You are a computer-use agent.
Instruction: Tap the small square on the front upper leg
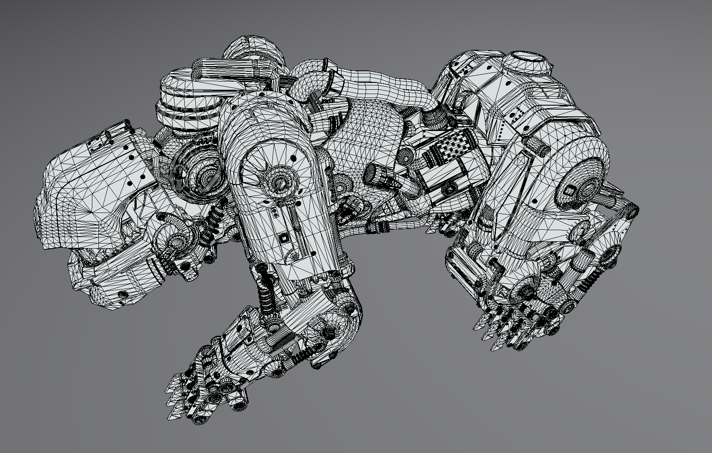click(x=284, y=238)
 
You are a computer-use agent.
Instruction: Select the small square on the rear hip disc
click(x=570, y=191)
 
